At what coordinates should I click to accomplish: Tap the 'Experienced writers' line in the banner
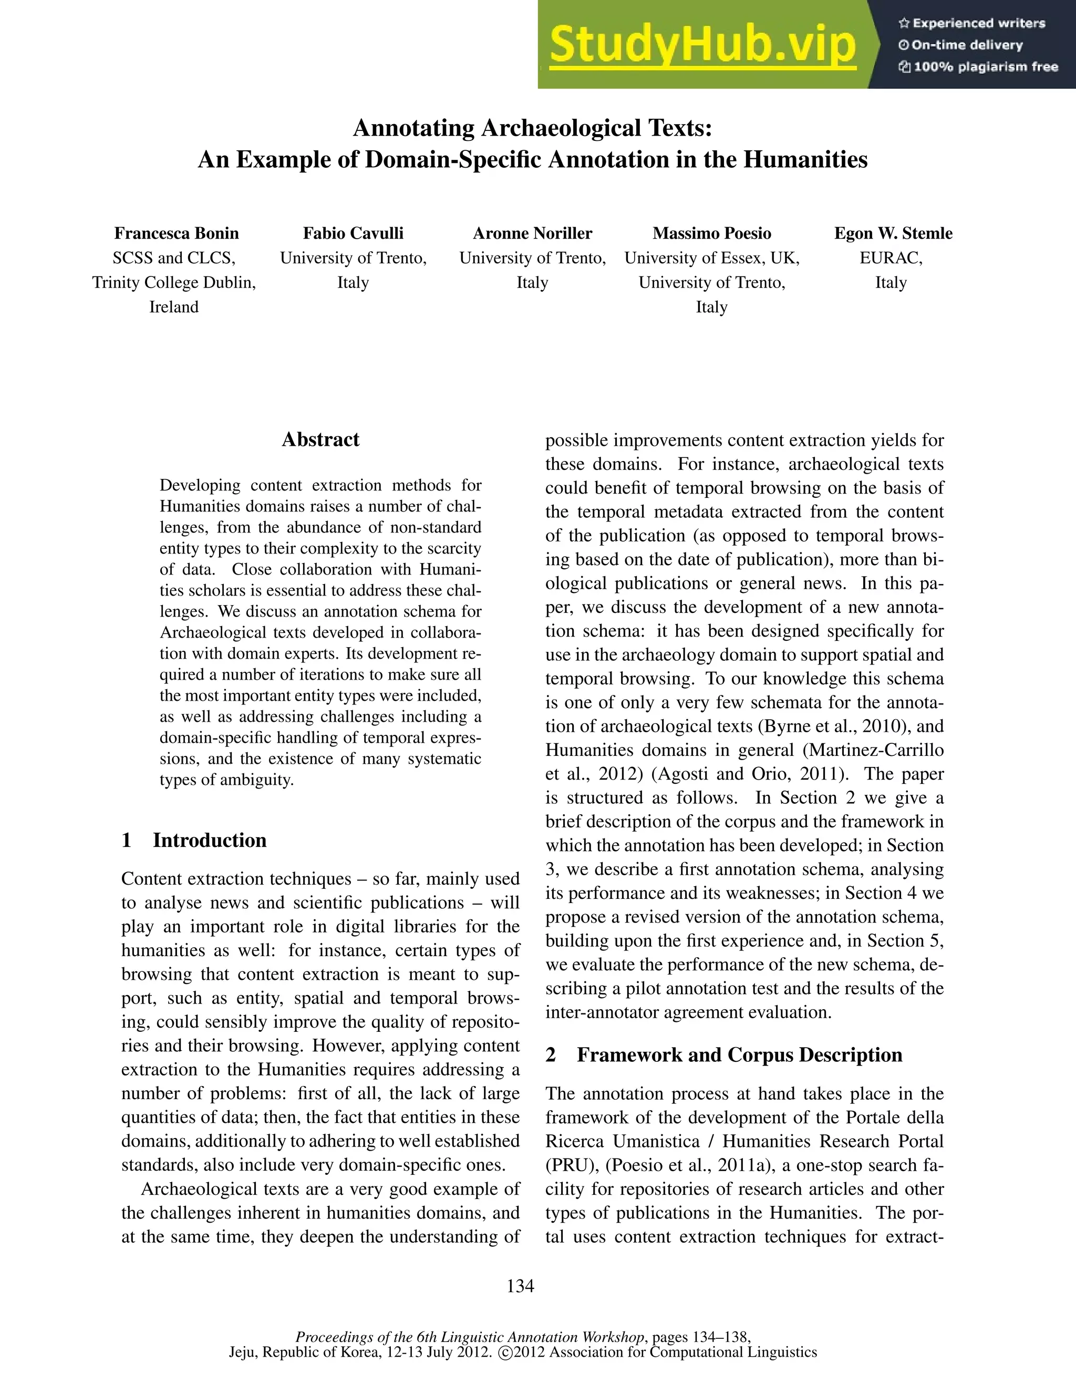(972, 24)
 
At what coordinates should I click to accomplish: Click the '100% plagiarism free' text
(978, 67)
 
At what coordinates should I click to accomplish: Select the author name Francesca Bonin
(176, 233)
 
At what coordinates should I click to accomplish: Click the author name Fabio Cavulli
(353, 233)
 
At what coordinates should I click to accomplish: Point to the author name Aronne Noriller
(532, 233)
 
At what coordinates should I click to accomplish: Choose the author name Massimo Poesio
(711, 233)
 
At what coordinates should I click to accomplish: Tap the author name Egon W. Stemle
(893, 233)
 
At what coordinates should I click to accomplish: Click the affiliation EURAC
(891, 258)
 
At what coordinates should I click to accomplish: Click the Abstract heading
(320, 439)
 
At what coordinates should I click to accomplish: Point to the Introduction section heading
(209, 840)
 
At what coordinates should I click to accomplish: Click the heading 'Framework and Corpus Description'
(739, 1055)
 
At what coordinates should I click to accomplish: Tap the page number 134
(520, 1286)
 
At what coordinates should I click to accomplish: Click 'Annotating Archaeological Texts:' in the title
(532, 128)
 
